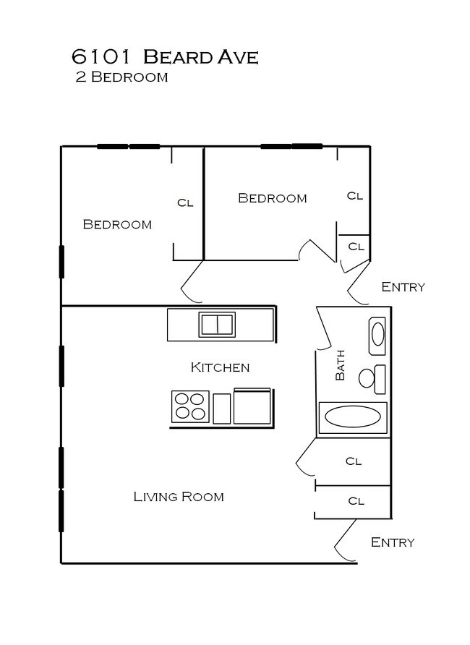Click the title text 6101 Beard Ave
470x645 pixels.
coord(164,56)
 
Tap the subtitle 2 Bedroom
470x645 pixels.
coord(121,77)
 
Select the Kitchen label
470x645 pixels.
coord(220,367)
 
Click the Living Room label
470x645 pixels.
coord(179,497)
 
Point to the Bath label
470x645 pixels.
coord(341,366)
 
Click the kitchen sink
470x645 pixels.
coord(217,325)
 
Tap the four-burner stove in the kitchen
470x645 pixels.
coord(190,406)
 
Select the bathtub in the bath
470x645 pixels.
coord(352,417)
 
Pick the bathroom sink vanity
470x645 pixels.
coord(378,335)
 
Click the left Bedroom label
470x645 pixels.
coord(117,224)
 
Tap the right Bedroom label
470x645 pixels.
coord(272,198)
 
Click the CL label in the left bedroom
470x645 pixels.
coord(185,203)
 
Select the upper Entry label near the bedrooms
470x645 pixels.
coord(403,287)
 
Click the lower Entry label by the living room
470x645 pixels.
coord(393,542)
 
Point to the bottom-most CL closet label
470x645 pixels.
coord(355,500)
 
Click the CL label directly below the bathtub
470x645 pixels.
coord(353,461)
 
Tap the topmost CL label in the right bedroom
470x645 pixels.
coord(354,195)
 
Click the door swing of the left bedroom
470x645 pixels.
coord(190,283)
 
